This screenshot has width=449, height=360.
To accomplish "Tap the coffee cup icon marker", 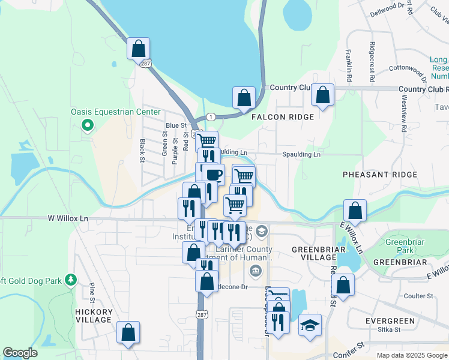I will pyautogui.click(x=212, y=175).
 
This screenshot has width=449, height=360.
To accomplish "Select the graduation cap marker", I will pyautogui.click(x=310, y=325).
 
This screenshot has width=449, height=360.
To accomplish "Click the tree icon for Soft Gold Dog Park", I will pyautogui.click(x=71, y=280).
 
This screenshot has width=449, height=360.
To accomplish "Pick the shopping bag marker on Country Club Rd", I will pyautogui.click(x=323, y=95).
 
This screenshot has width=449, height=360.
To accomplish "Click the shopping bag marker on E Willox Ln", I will pyautogui.click(x=355, y=211).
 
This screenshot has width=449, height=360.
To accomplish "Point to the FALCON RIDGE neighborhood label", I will pyautogui.click(x=283, y=117).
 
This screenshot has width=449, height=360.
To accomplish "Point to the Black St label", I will pyautogui.click(x=142, y=151).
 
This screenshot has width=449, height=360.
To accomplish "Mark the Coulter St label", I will pyautogui.click(x=418, y=296).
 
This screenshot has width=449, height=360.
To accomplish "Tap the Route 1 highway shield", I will pyautogui.click(x=210, y=116).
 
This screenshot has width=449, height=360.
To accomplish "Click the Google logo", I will pyautogui.click(x=20, y=353).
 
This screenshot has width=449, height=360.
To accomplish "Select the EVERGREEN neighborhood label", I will pyautogui.click(x=390, y=321).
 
